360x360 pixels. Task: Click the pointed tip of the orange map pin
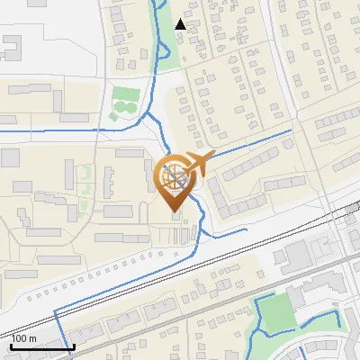[x=175, y=211]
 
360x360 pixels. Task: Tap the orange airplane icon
[x=201, y=162]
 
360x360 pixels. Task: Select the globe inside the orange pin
[x=175, y=175]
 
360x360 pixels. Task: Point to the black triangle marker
[x=181, y=24]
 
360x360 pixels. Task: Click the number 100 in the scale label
[x=18, y=338]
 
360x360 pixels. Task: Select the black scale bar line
[x=41, y=346]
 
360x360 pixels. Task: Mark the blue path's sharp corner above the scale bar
[x=57, y=310]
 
